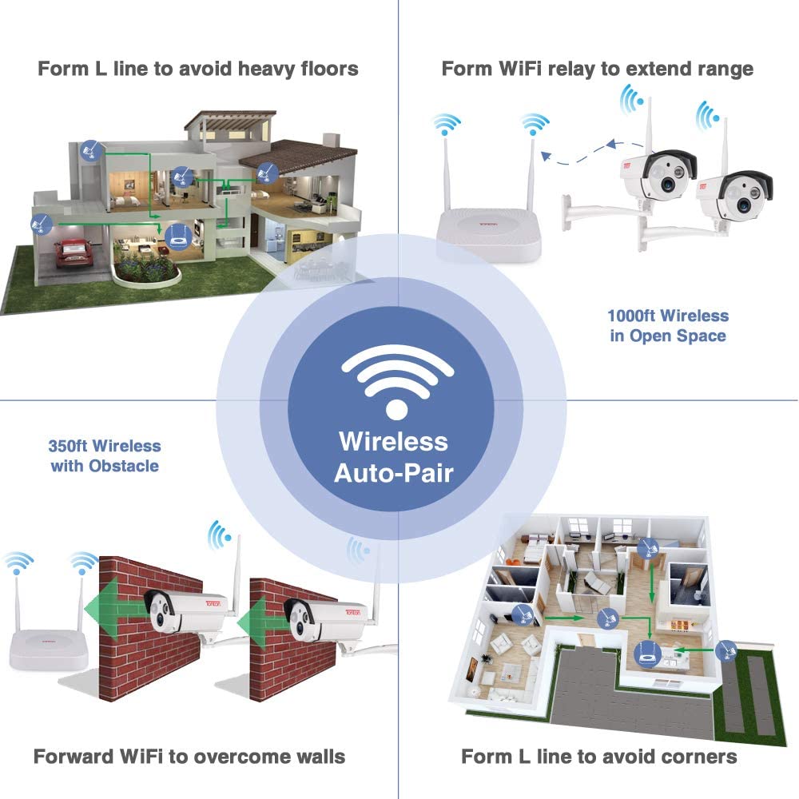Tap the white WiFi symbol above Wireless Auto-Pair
397,380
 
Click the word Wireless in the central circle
393,441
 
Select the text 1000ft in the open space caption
631,316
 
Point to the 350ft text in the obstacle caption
68,447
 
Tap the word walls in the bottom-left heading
320,757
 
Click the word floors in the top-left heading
330,69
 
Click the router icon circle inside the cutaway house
178,236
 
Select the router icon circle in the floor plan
647,654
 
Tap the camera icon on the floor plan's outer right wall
725,650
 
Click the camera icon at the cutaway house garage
42,224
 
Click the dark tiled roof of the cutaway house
299,155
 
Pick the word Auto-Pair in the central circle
393,473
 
